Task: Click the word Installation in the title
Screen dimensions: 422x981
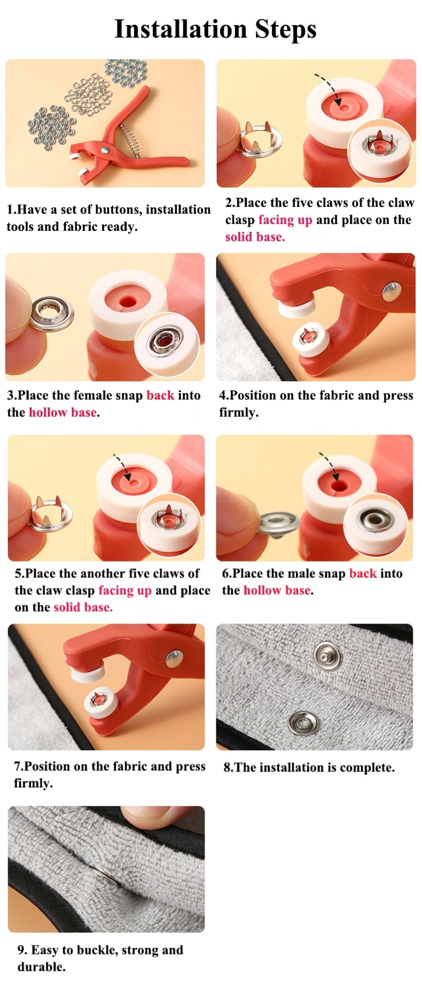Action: click(181, 29)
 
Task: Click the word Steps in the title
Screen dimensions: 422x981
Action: click(286, 30)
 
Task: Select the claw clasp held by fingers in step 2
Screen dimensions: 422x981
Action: click(259, 141)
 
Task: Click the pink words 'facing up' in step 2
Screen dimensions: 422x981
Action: click(285, 220)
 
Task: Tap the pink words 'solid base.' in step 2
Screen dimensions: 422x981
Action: click(255, 237)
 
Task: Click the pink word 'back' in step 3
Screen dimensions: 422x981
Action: click(160, 395)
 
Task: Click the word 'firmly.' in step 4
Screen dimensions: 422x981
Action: click(239, 412)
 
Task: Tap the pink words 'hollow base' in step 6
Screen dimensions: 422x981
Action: click(277, 590)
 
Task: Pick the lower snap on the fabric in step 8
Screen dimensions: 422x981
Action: click(304, 723)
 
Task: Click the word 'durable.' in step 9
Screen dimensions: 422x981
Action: click(42, 967)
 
